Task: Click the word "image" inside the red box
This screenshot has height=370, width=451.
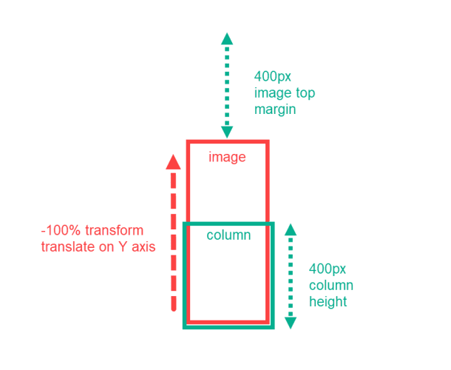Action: point(226,157)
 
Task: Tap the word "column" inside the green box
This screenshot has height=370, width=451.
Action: point(228,235)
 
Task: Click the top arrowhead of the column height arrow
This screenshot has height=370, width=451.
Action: point(291,229)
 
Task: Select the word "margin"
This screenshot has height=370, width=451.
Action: point(275,110)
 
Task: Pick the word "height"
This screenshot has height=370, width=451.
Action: point(329,302)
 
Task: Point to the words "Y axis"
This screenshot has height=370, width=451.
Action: point(136,247)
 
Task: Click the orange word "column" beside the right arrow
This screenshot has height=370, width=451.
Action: point(330,286)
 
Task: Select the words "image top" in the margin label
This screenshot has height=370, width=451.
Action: point(285,93)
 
